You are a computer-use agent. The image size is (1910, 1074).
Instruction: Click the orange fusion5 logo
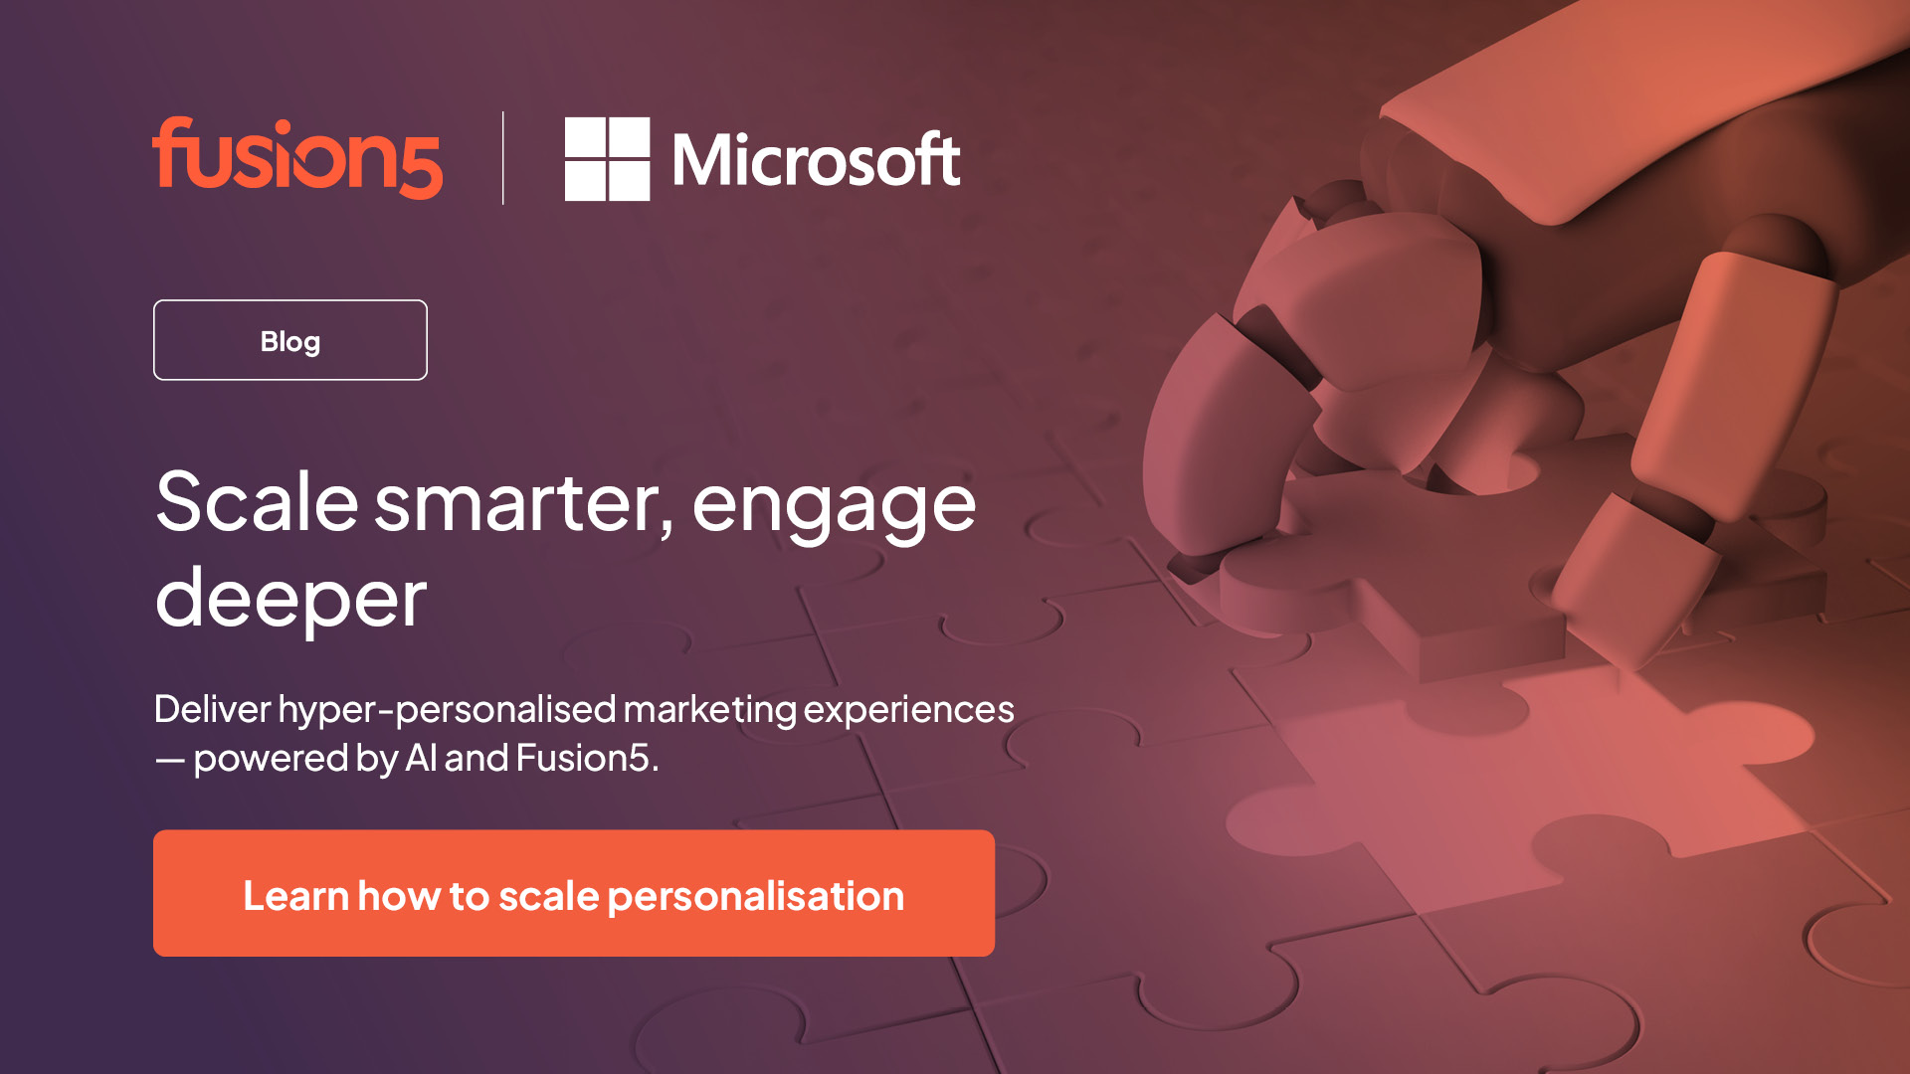click(x=296, y=159)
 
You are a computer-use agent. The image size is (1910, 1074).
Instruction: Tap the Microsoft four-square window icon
click(x=607, y=159)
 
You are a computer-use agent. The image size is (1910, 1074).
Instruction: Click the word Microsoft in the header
click(x=816, y=160)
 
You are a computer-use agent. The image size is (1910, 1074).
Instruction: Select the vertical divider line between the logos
click(x=503, y=158)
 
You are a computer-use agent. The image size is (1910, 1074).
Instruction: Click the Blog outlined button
click(x=290, y=340)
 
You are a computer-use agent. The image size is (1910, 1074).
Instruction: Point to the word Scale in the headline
click(x=257, y=503)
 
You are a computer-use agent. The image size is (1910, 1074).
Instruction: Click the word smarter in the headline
click(x=523, y=503)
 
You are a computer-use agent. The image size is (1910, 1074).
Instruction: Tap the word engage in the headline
click(x=834, y=507)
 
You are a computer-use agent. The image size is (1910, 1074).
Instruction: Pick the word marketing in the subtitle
click(x=709, y=710)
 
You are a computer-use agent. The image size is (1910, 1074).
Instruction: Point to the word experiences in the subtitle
click(x=908, y=710)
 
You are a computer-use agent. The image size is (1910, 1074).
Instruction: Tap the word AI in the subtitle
click(x=421, y=759)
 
